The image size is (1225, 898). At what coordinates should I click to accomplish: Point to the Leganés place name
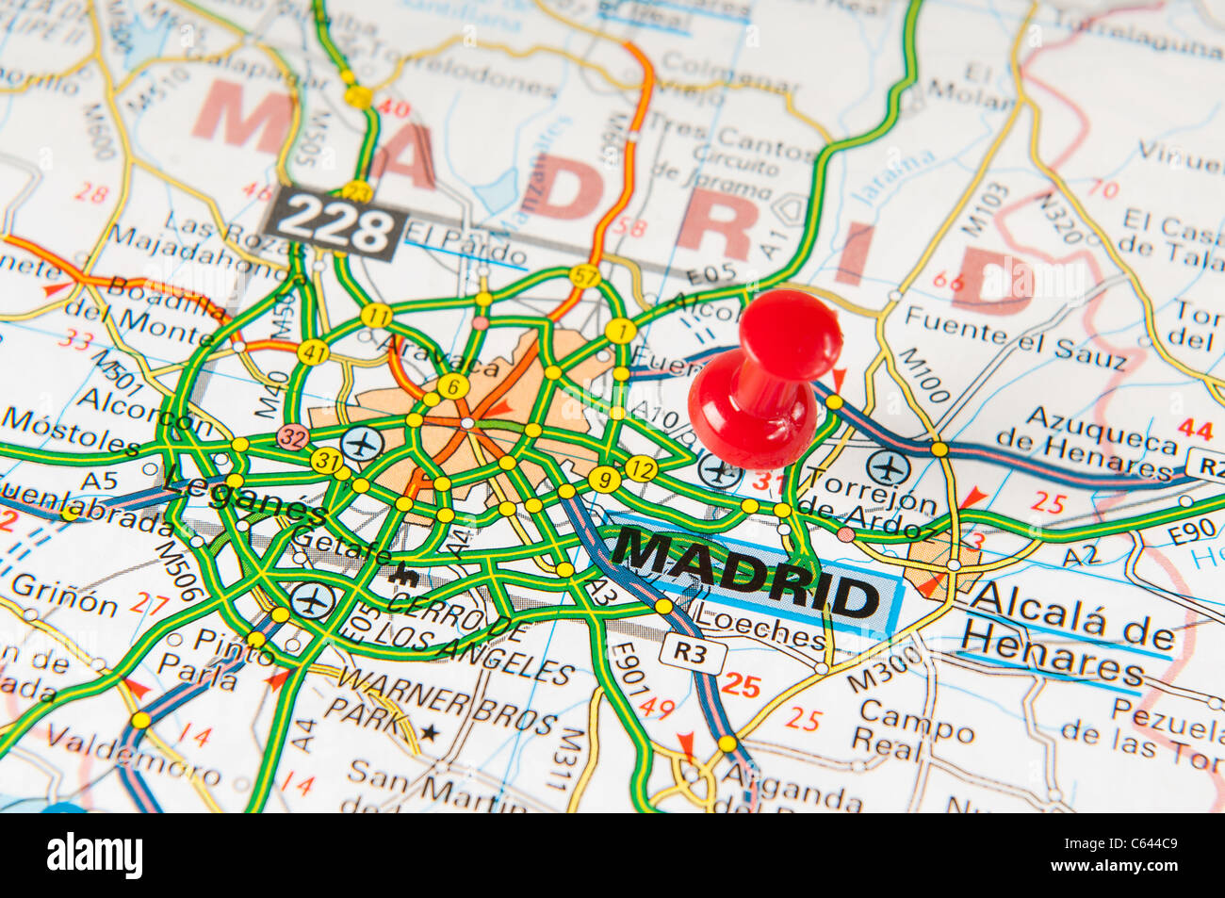pos(247,497)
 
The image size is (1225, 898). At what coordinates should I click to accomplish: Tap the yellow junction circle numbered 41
pos(313,351)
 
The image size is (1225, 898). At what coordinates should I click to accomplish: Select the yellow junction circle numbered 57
pos(584,276)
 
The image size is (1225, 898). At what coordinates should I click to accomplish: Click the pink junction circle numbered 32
pos(292,436)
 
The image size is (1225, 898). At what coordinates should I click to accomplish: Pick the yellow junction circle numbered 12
pos(640,468)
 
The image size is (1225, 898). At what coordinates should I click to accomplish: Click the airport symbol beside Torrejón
pos(887,467)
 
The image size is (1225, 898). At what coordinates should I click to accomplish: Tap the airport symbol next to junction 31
pos(362,442)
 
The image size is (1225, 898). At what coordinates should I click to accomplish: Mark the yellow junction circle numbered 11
pos(376,316)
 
